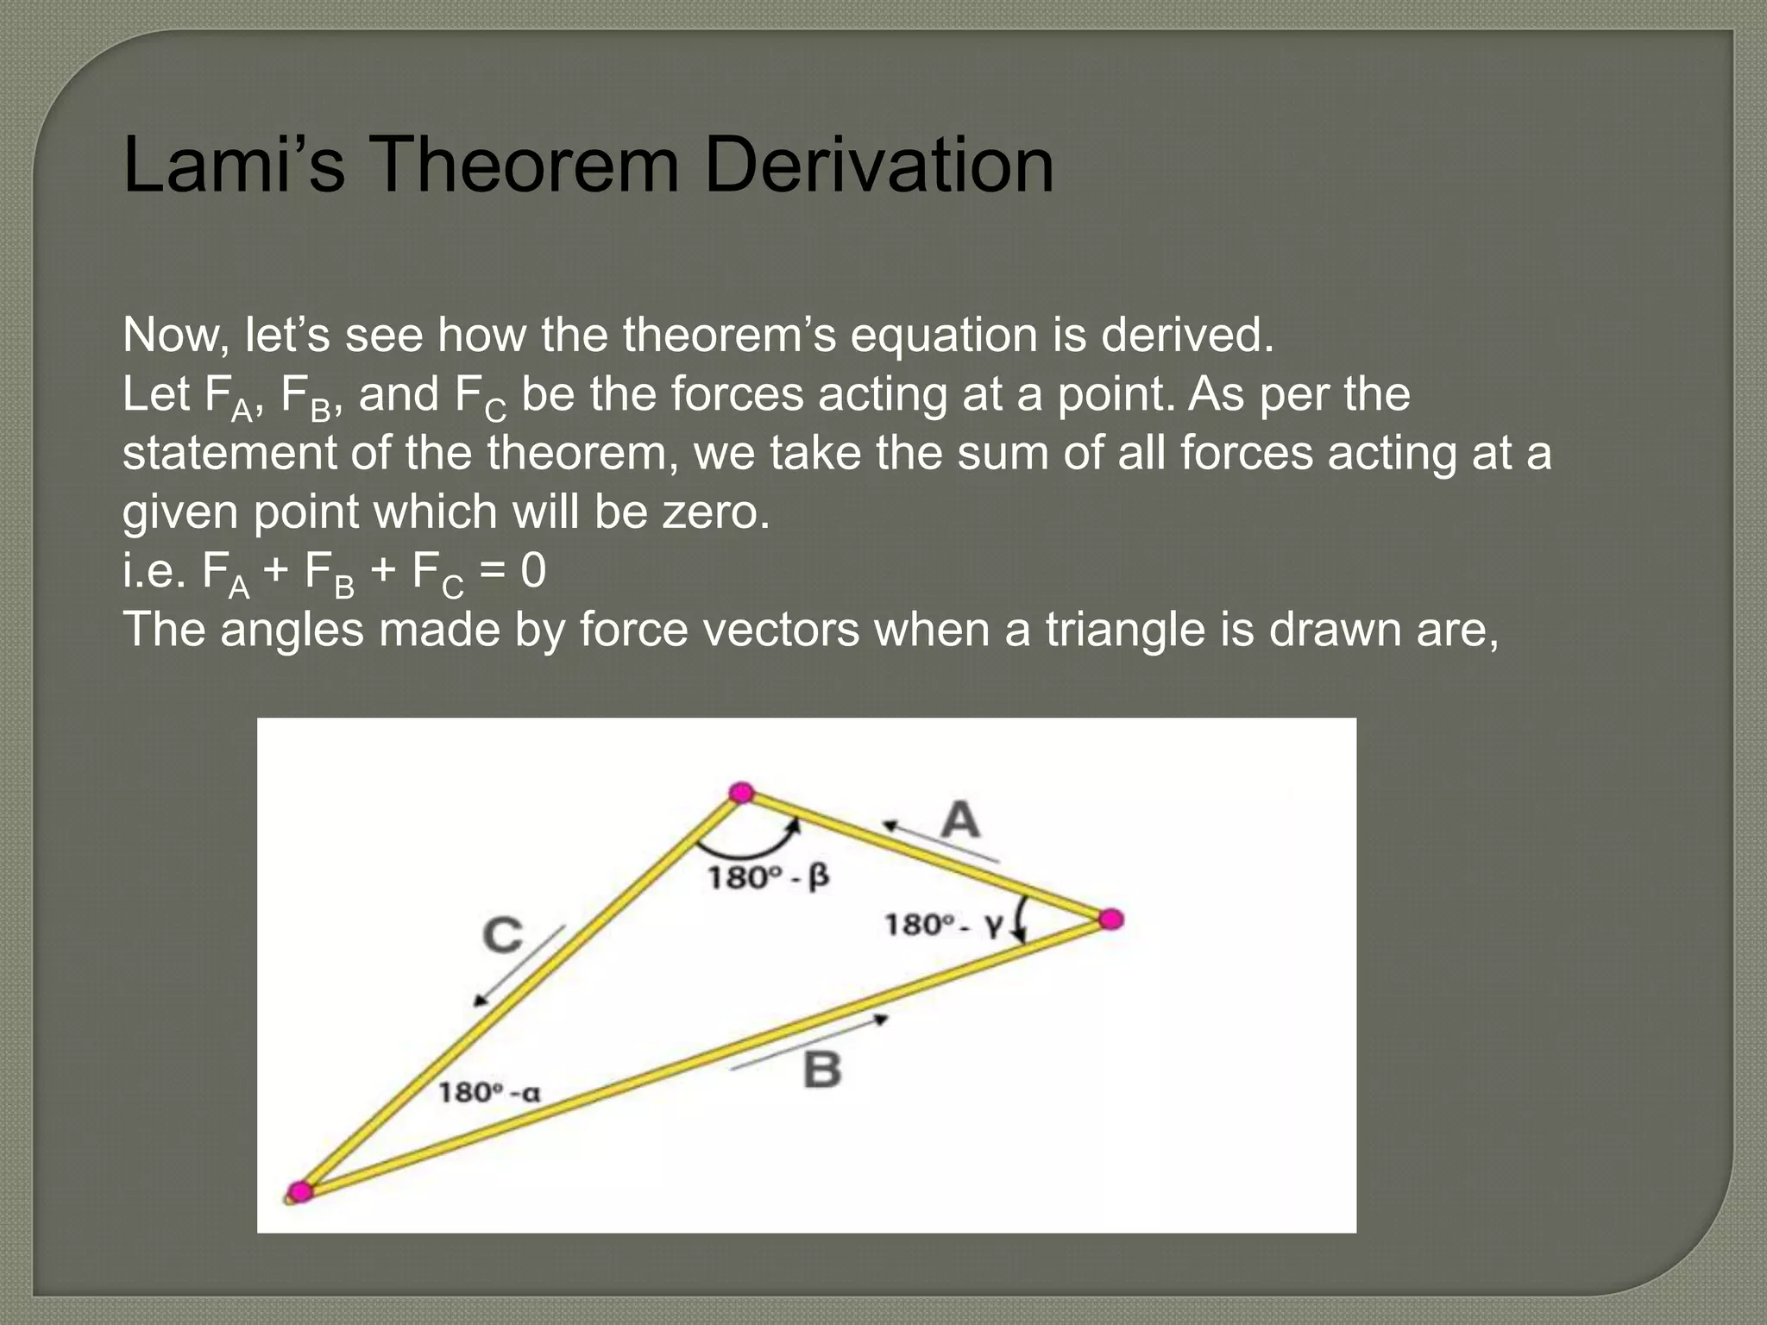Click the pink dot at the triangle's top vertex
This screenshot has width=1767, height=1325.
741,793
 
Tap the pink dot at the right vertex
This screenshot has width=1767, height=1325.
1111,920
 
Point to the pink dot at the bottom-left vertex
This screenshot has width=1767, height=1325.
299,1192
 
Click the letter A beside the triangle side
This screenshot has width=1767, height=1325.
960,819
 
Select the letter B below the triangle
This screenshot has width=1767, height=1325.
821,1071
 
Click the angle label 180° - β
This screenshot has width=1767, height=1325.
768,877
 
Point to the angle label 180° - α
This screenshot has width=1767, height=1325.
489,1093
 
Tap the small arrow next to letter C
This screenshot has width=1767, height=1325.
519,967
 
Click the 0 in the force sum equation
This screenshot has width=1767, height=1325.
533,571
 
